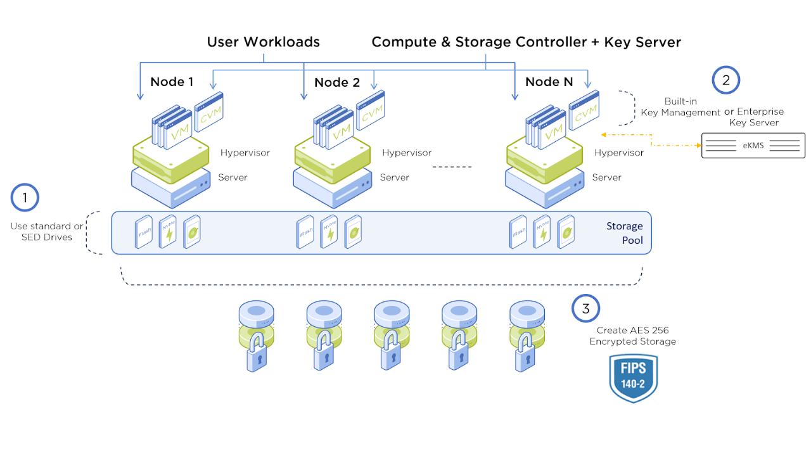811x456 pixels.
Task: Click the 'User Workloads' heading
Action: pyautogui.click(x=263, y=42)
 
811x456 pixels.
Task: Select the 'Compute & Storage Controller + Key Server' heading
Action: pyautogui.click(x=526, y=42)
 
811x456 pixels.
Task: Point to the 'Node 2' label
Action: pyautogui.click(x=336, y=82)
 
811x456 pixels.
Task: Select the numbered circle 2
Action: pyautogui.click(x=726, y=80)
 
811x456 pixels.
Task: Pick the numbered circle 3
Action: pyautogui.click(x=586, y=308)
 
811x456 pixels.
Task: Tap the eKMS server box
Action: pyautogui.click(x=753, y=146)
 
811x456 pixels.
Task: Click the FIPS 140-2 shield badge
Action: pyautogui.click(x=633, y=378)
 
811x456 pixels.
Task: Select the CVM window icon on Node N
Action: pyautogui.click(x=584, y=111)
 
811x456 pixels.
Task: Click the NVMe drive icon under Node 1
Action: pyautogui.click(x=169, y=232)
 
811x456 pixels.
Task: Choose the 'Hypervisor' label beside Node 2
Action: pyautogui.click(x=407, y=153)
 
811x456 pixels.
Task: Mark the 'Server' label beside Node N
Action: pyautogui.click(x=606, y=177)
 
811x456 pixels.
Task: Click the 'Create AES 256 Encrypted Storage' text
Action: pyautogui.click(x=632, y=336)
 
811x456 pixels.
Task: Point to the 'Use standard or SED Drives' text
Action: pyautogui.click(x=46, y=232)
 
